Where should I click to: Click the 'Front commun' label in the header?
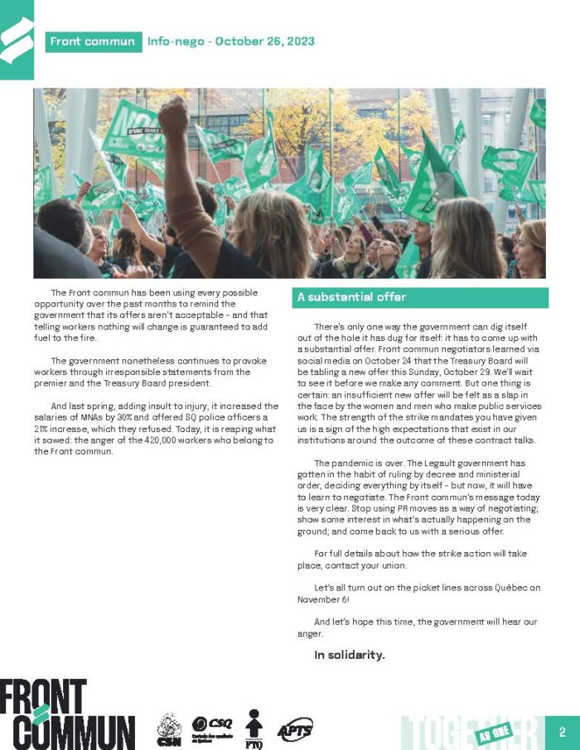(92, 41)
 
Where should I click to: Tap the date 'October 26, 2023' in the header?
(264, 41)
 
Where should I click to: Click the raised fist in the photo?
(172, 116)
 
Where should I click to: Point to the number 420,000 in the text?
(172, 440)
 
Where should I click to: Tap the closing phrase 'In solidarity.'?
(350, 655)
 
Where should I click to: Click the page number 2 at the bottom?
(563, 732)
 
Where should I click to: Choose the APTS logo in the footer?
(294, 729)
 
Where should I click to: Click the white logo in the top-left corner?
(17, 40)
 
